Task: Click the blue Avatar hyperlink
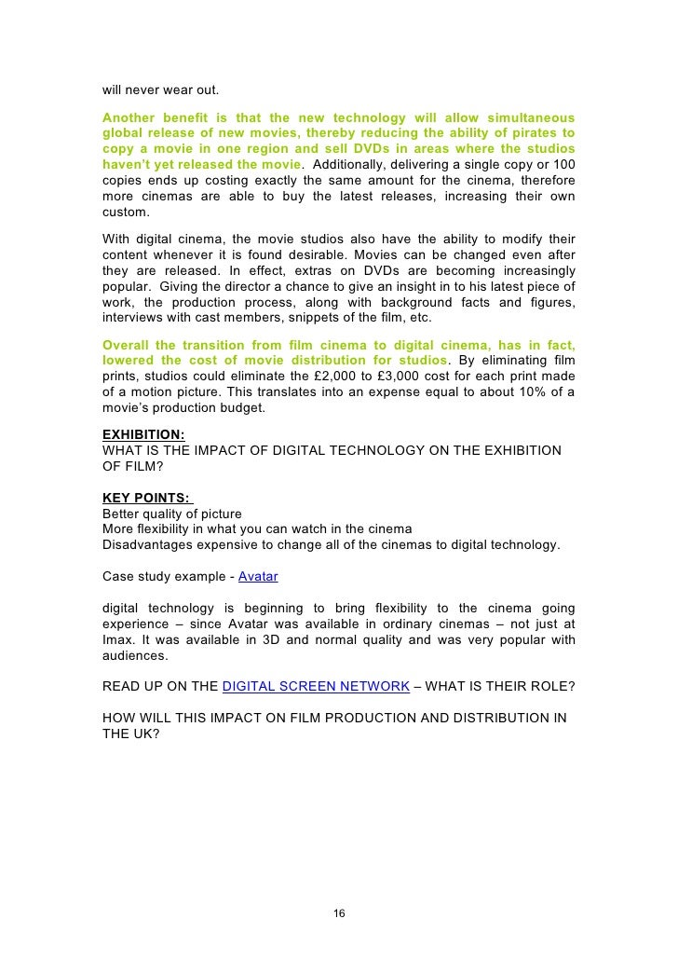pyautogui.click(x=258, y=576)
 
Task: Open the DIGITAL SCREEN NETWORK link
pyautogui.click(x=316, y=687)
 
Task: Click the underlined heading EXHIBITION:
pyautogui.click(x=142, y=434)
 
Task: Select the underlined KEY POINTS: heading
pyautogui.click(x=147, y=498)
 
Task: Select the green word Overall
pyautogui.click(x=126, y=345)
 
